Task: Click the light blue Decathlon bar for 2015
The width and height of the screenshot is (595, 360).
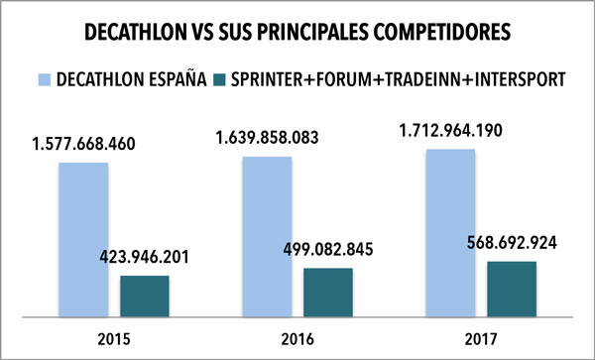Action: [x=82, y=239]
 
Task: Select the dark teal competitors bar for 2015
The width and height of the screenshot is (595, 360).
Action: [x=145, y=296]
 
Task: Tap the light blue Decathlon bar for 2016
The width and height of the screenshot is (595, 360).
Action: [x=268, y=235]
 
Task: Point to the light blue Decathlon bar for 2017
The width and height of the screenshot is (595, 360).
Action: [x=450, y=230]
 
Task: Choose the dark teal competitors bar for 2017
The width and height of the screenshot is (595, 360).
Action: [x=512, y=289]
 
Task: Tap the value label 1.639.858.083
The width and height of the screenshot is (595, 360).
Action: [x=268, y=135]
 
